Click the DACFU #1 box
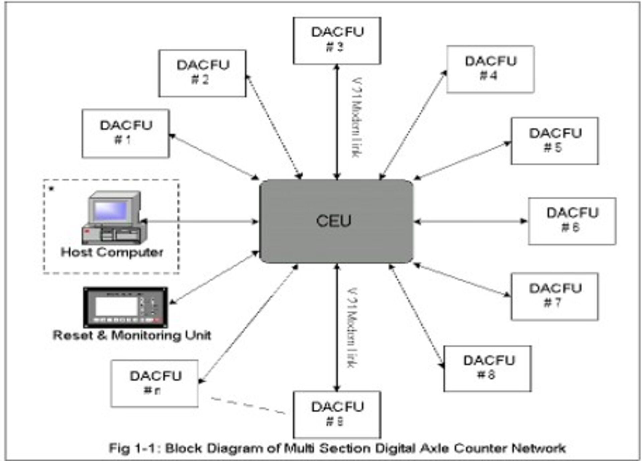(126, 133)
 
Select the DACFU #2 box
(202, 73)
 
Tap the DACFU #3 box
(337, 41)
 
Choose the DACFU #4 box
(490, 69)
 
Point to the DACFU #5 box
(555, 141)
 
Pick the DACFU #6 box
(572, 221)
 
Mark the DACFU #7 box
(555, 297)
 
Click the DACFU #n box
(154, 384)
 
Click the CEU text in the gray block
(334, 221)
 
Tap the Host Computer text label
(112, 252)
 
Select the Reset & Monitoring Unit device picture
(125, 307)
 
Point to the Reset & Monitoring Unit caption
(132, 335)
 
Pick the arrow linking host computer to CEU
(201, 221)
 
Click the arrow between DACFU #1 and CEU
(214, 157)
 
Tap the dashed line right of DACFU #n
(247, 406)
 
